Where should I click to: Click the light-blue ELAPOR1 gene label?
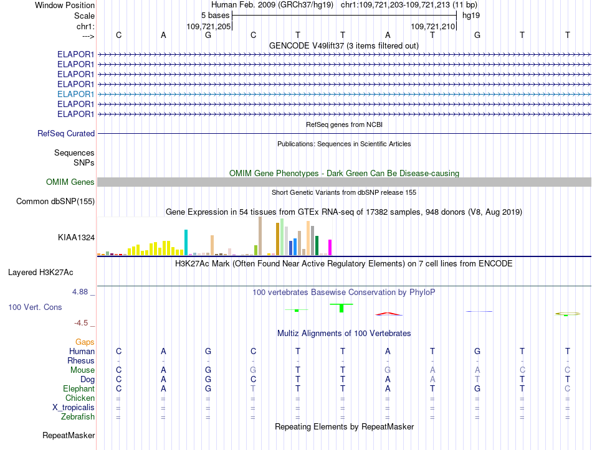pyautogui.click(x=75, y=95)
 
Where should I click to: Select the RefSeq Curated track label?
pyautogui.click(x=66, y=134)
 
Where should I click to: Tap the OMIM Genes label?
pyautogui.click(x=70, y=182)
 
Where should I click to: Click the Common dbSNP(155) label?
pyautogui.click(x=55, y=202)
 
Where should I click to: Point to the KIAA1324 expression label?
pyautogui.click(x=76, y=238)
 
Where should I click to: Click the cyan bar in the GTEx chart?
pyautogui.click(x=186, y=242)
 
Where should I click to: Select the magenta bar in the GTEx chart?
pyautogui.click(x=330, y=248)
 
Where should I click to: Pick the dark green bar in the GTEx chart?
pyautogui.click(x=317, y=246)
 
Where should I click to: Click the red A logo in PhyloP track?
pyautogui.click(x=388, y=314)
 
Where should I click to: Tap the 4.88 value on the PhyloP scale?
pyautogui.click(x=80, y=292)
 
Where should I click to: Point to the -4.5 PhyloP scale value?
pyautogui.click(x=81, y=323)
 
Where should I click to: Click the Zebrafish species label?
pyautogui.click(x=78, y=417)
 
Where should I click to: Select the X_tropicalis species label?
pyautogui.click(x=74, y=408)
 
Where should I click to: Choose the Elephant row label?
pyautogui.click(x=79, y=389)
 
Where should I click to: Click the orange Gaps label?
pyautogui.click(x=85, y=342)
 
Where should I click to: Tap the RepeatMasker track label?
pyautogui.click(x=69, y=436)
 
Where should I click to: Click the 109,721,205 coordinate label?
pyautogui.click(x=208, y=26)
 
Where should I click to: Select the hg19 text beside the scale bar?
pyautogui.click(x=471, y=16)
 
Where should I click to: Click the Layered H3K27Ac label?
pyautogui.click(x=41, y=273)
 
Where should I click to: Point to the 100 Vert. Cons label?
pyautogui.click(x=35, y=307)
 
